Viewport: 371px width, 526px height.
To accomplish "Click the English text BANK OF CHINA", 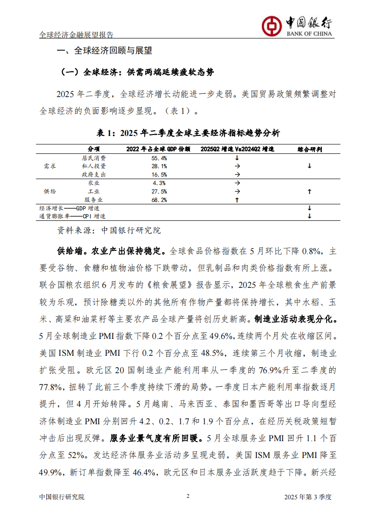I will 309,34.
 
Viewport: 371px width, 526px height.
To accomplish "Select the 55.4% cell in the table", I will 160,158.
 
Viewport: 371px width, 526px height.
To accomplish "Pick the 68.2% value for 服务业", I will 160,200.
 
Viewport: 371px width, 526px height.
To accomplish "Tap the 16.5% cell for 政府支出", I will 160,174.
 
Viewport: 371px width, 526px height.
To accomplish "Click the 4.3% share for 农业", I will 160,183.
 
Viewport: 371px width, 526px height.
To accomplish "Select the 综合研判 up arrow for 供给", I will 309,192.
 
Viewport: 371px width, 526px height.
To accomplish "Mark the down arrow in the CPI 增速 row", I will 309,216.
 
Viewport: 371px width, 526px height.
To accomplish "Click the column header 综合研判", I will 309,149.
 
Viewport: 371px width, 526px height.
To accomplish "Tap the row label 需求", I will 50,166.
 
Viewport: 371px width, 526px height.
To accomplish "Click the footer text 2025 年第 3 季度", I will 307,497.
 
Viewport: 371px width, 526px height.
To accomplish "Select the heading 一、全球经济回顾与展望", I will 104,51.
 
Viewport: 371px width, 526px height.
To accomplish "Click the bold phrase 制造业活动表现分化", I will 295,319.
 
